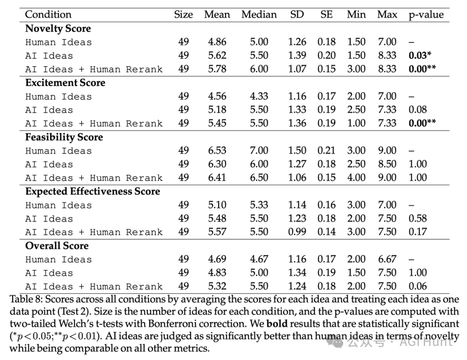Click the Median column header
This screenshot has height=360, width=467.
point(259,15)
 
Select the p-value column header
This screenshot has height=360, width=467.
point(426,15)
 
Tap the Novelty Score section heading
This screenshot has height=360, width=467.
point(58,29)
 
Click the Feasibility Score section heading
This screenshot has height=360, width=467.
point(64,138)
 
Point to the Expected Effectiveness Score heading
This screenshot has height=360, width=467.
point(93,192)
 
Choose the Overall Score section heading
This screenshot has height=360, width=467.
point(57,246)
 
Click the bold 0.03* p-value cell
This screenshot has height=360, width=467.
point(420,55)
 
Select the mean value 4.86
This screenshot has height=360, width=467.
point(217,42)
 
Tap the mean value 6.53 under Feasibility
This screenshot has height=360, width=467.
point(217,151)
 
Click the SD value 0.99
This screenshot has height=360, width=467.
point(297,232)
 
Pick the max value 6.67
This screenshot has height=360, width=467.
point(387,259)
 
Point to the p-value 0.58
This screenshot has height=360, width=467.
point(418,219)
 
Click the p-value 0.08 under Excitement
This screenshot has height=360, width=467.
point(418,109)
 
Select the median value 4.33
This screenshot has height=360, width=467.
point(259,96)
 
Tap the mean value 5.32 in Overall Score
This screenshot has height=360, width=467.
point(217,286)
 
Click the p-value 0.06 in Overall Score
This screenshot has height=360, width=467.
point(418,286)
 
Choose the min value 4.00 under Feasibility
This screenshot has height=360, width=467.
point(356,177)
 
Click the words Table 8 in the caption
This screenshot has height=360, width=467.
point(26,299)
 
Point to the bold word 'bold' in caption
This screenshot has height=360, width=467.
point(277,324)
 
